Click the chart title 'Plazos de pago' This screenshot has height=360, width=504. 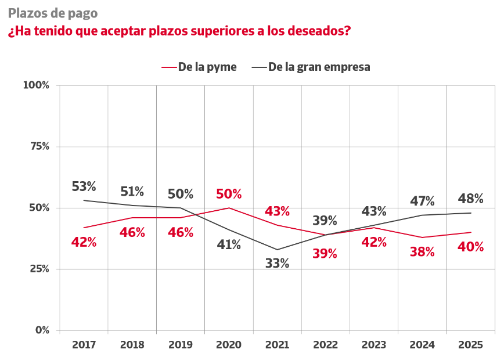(53, 13)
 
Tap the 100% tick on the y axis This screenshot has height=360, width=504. (36, 85)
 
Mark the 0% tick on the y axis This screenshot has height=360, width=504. (42, 330)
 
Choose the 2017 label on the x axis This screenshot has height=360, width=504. (84, 344)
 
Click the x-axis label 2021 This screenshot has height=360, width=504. (277, 344)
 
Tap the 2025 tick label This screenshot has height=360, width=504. (470, 344)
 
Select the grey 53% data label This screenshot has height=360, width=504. (84, 186)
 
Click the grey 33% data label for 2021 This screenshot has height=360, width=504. (277, 263)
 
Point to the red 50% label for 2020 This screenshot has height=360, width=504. (229, 194)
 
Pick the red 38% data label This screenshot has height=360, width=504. (422, 251)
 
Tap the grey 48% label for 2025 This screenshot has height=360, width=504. (470, 199)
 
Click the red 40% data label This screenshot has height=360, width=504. (470, 247)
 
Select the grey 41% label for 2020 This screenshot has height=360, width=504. (229, 244)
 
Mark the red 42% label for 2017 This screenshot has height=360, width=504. (84, 242)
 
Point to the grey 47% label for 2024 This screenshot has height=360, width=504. (422, 201)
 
